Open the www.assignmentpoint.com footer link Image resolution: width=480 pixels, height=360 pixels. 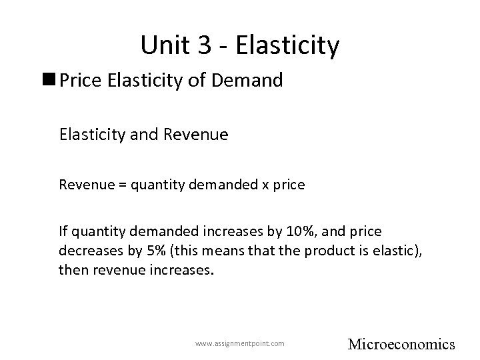coord(239,343)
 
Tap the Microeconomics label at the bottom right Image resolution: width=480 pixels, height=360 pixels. coord(401,344)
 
